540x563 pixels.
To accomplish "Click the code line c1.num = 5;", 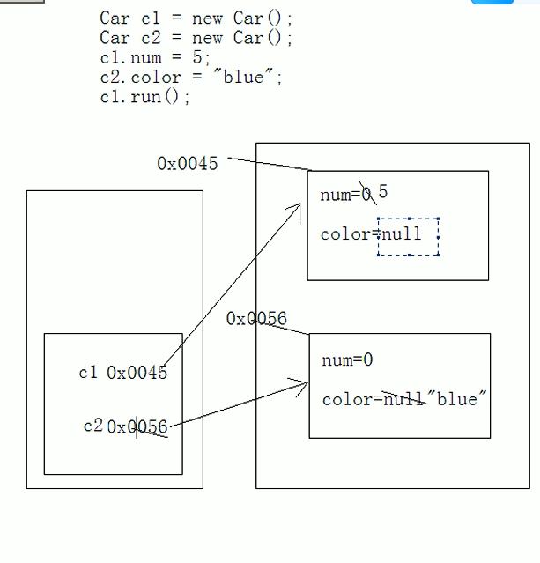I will (x=155, y=58).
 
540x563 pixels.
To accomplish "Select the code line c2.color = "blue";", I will (x=191, y=78).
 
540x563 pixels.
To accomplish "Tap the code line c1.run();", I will (x=144, y=97).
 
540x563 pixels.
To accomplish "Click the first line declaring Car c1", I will (x=196, y=19).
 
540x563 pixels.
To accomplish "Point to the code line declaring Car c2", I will (x=196, y=38).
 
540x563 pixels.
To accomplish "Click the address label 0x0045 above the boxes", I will (x=187, y=164).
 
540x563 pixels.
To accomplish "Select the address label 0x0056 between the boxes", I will (x=256, y=319).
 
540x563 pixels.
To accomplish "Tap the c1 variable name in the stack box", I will (x=88, y=373).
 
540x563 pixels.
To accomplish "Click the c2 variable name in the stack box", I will (x=93, y=426).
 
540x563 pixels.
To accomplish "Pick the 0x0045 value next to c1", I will (x=137, y=373).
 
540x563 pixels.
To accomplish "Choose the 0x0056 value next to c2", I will (x=137, y=427).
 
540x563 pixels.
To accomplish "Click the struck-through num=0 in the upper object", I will (x=346, y=195).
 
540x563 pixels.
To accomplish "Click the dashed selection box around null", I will (x=408, y=236).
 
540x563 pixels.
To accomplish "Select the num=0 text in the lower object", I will (x=347, y=359).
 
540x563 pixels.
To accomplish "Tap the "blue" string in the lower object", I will (x=456, y=399).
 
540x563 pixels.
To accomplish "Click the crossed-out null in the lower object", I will (x=403, y=399).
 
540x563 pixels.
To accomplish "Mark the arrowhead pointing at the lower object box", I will (x=304, y=383).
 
